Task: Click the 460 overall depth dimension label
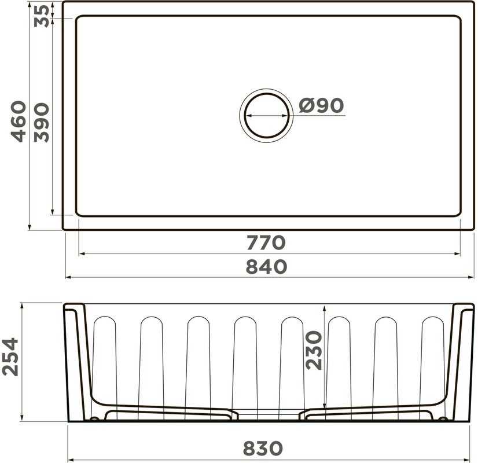click(19, 122)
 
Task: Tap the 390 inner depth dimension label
click(42, 123)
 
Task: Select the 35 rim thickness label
click(42, 16)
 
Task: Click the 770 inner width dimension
click(266, 242)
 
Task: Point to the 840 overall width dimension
click(266, 266)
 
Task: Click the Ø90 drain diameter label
click(321, 105)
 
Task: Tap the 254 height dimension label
click(10, 357)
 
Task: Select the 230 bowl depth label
click(314, 351)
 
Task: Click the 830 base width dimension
click(263, 449)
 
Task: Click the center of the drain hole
click(266, 116)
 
